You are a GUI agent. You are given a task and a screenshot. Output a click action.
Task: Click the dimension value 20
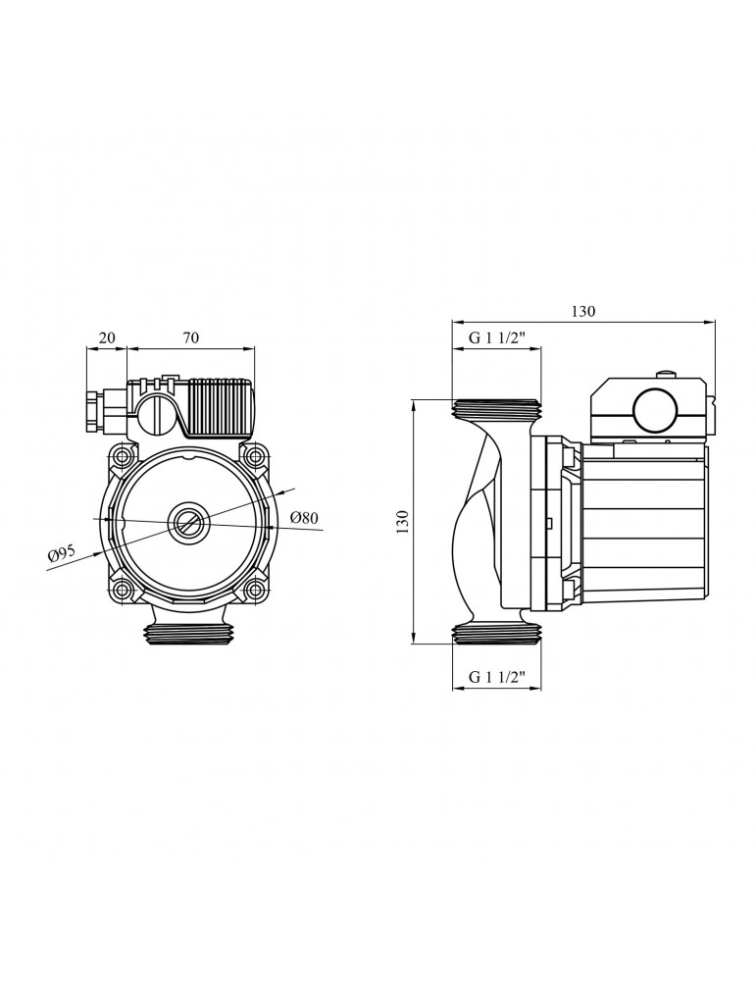click(x=108, y=338)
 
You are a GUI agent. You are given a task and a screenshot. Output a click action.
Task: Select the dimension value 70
click(x=191, y=338)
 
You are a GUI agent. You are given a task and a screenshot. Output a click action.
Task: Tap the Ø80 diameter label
click(x=305, y=518)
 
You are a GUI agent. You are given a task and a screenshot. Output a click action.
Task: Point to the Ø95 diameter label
click(x=61, y=556)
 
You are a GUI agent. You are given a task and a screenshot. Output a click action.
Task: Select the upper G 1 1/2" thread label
click(x=497, y=339)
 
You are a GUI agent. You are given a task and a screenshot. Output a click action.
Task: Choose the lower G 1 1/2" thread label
click(x=497, y=677)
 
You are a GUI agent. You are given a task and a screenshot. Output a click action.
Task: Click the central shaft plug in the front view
click(x=186, y=522)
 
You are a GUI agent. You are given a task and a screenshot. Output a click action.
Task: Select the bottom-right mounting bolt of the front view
click(x=253, y=590)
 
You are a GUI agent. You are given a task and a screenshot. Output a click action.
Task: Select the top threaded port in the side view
click(x=497, y=408)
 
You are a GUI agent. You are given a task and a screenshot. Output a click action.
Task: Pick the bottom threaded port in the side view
click(x=497, y=634)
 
